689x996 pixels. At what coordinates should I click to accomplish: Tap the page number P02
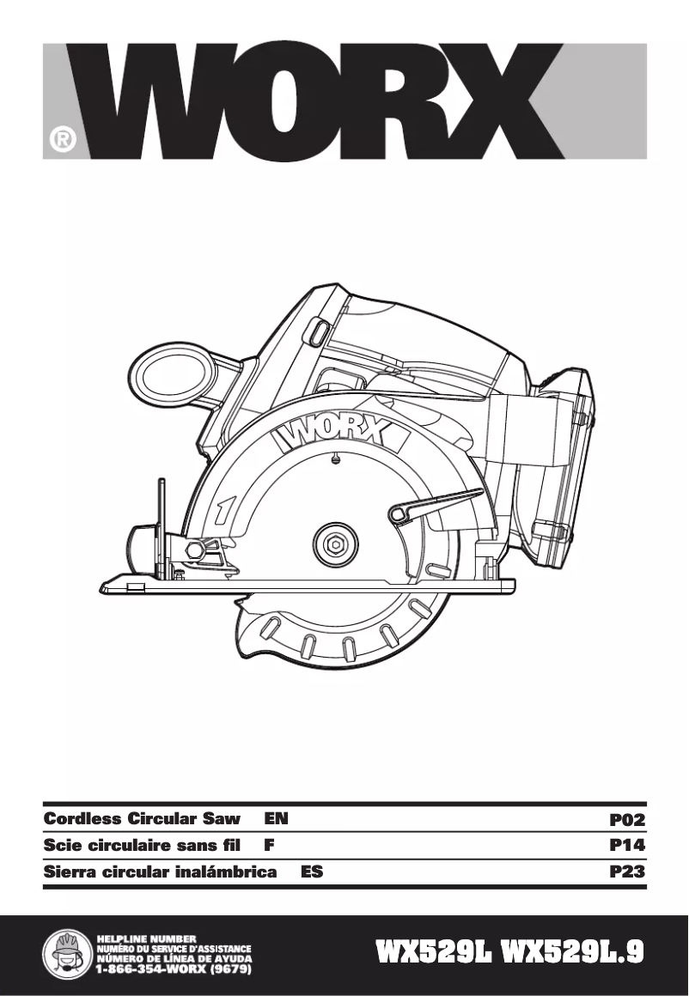click(626, 819)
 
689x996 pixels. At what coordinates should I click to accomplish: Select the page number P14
click(626, 846)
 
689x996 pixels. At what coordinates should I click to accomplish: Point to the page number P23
click(626, 872)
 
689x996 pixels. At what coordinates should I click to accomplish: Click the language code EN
click(276, 819)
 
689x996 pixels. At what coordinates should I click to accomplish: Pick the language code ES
click(312, 872)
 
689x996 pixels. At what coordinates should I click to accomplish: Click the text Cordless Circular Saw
click(142, 819)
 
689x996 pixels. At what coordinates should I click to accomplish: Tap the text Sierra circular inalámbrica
click(160, 872)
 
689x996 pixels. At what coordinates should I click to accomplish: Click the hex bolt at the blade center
click(335, 544)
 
